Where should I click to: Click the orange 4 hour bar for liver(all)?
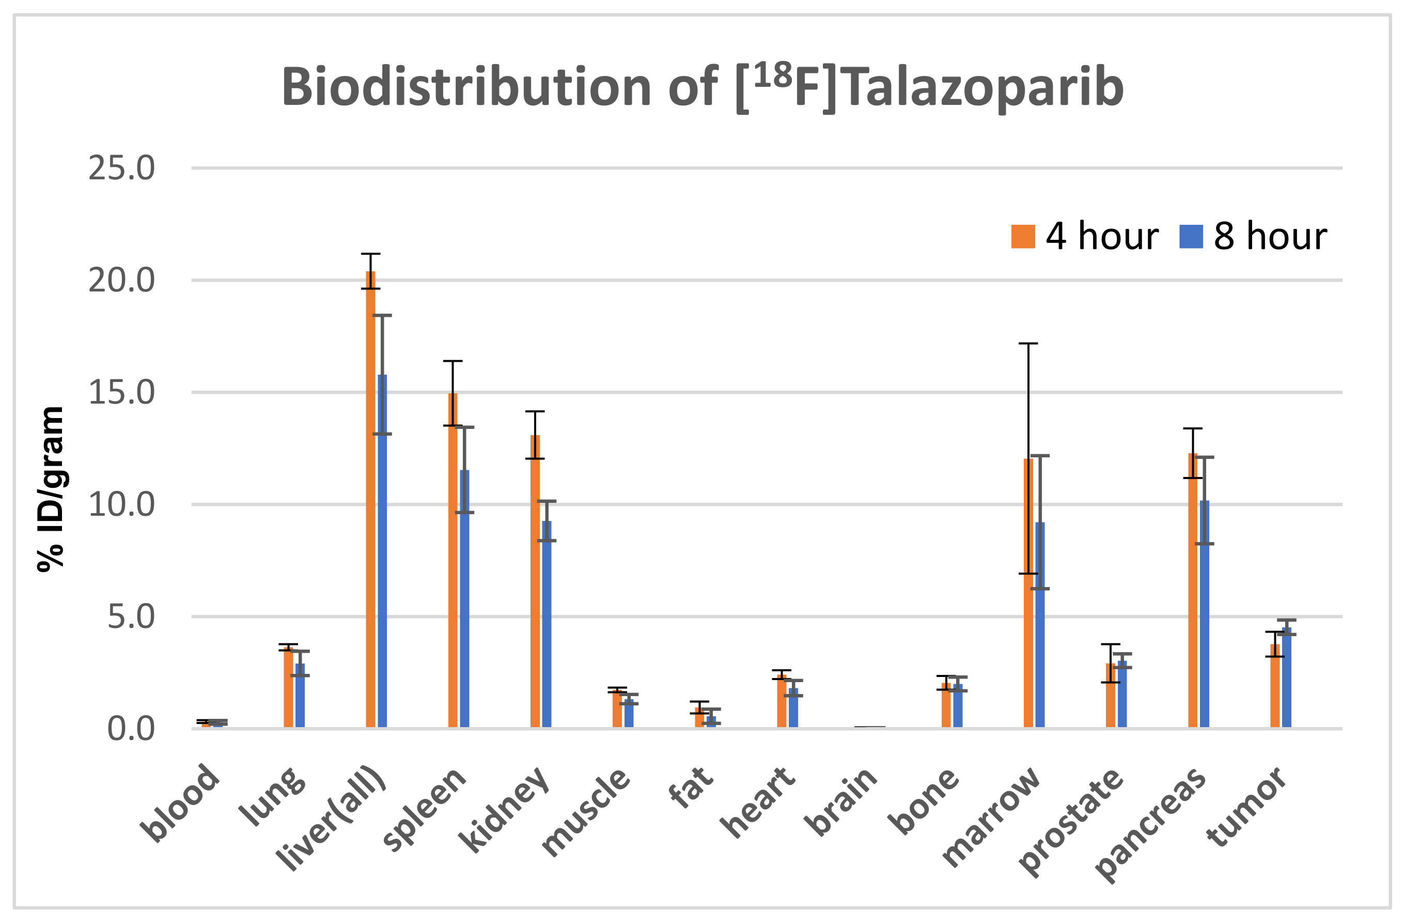pyautogui.click(x=370, y=501)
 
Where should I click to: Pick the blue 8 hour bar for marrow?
pyautogui.click(x=1040, y=625)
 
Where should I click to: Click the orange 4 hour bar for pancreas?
pyautogui.click(x=1193, y=590)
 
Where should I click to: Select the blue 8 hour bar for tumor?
pyautogui.click(x=1287, y=679)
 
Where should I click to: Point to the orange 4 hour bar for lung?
pyautogui.click(x=288, y=687)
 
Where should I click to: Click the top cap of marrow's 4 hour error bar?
pyautogui.click(x=1028, y=344)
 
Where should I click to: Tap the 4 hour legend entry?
pyautogui.click(x=1084, y=236)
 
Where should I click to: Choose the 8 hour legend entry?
pyautogui.click(x=1253, y=236)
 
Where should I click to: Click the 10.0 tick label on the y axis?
pyautogui.click(x=121, y=504)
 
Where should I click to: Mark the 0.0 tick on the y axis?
pyautogui.click(x=130, y=729)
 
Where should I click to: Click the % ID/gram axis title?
pyautogui.click(x=51, y=488)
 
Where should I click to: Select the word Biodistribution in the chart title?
pyautogui.click(x=466, y=87)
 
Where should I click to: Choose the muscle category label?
pyautogui.click(x=586, y=812)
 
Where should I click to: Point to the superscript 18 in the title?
pyautogui.click(x=772, y=76)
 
